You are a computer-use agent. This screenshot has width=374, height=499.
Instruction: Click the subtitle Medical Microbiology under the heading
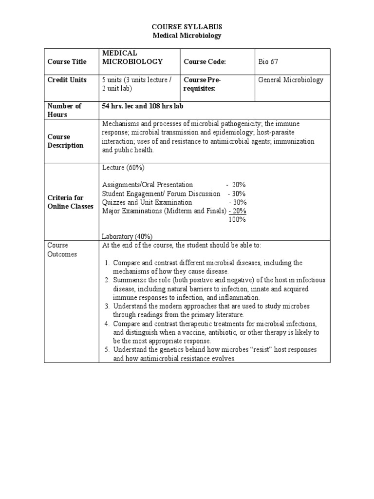point(187,35)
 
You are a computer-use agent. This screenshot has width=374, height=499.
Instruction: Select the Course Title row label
point(67,61)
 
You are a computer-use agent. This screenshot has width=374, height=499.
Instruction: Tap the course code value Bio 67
point(268,61)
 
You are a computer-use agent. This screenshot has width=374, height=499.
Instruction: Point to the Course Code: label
point(205,61)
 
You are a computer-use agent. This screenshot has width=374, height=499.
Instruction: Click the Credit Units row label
point(67,80)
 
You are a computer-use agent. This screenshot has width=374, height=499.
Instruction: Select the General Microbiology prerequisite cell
point(290,80)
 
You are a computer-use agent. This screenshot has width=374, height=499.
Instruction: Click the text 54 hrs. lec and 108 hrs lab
point(142,106)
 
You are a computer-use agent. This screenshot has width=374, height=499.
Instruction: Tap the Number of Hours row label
point(64,110)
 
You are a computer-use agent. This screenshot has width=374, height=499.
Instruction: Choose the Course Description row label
point(65,141)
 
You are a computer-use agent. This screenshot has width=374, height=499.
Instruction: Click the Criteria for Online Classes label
point(70,202)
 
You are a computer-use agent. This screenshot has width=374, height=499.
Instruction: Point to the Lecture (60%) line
point(123,168)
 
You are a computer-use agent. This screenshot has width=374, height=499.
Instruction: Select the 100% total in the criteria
point(237,219)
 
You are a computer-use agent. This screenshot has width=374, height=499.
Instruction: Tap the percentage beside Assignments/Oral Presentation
point(238,185)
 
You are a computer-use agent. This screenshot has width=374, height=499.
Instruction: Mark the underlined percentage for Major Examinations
point(238,211)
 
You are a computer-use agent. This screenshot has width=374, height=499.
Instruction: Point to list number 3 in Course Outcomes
point(107,306)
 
